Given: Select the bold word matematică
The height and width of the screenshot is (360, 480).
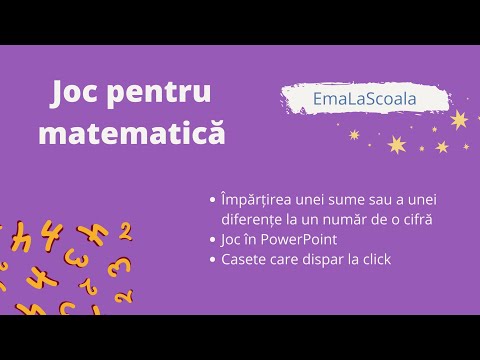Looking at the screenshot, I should coord(131,133).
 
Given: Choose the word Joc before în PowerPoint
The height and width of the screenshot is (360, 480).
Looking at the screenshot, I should coord(229,240).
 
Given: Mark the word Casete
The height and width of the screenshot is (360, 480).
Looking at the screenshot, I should coord(240,260).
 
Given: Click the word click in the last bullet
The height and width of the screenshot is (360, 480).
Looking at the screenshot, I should coord(373,260).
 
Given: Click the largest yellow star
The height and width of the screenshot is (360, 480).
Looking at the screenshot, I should coord(459,120).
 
